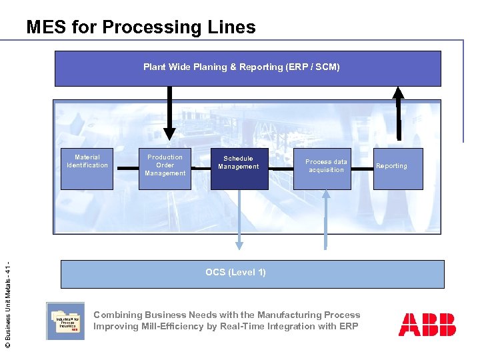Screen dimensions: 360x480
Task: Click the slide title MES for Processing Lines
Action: point(141,27)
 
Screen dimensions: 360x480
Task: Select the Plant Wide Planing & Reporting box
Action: point(247,68)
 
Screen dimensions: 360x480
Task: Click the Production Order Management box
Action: point(165,168)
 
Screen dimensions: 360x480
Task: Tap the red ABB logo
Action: point(427,324)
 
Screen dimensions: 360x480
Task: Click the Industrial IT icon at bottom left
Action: point(65,321)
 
